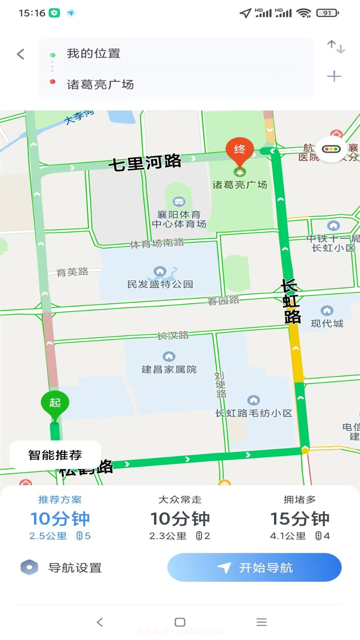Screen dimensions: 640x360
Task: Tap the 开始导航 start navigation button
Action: point(254,567)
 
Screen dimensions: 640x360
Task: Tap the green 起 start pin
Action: point(55,403)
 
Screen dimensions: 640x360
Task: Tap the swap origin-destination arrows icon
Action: point(336,47)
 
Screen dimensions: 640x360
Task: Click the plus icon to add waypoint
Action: point(334,76)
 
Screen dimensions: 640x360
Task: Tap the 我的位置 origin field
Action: point(94,54)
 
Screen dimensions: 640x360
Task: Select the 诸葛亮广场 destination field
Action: point(100,84)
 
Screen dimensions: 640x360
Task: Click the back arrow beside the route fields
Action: point(21,54)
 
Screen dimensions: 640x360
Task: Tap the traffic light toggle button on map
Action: point(331,149)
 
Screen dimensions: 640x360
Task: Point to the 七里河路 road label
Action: point(145,162)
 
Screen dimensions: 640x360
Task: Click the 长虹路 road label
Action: point(291,301)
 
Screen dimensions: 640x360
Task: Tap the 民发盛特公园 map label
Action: point(160,284)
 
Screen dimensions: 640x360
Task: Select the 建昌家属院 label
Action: point(169,369)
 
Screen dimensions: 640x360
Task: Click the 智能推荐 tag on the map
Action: point(55,455)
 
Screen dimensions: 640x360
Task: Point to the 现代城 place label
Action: point(327,323)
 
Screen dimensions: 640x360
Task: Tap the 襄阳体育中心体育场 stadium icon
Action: point(179,201)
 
